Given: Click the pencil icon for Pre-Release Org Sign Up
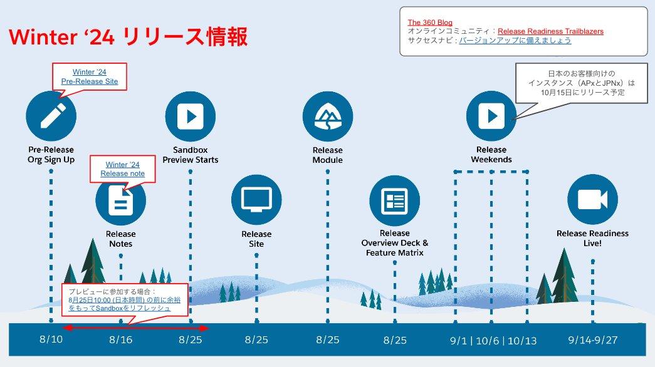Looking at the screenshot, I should pyautogui.click(x=51, y=116).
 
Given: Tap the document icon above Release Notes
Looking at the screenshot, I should pyautogui.click(x=120, y=200).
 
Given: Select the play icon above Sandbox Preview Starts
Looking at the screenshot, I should pyautogui.click(x=190, y=116).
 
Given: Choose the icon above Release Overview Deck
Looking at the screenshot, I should pyautogui.click(x=394, y=200).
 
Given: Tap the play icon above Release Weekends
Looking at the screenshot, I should pyautogui.click(x=491, y=116).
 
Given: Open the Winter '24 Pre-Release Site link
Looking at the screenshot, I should pyautogui.click(x=90, y=77).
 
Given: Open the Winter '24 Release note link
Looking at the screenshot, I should pyautogui.click(x=123, y=169).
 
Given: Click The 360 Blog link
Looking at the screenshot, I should pyautogui.click(x=429, y=23).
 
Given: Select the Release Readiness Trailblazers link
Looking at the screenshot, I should pyautogui.click(x=550, y=31).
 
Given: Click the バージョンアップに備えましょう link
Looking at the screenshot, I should pyautogui.click(x=515, y=40).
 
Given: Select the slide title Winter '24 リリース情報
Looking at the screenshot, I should pyautogui.click(x=128, y=37).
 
